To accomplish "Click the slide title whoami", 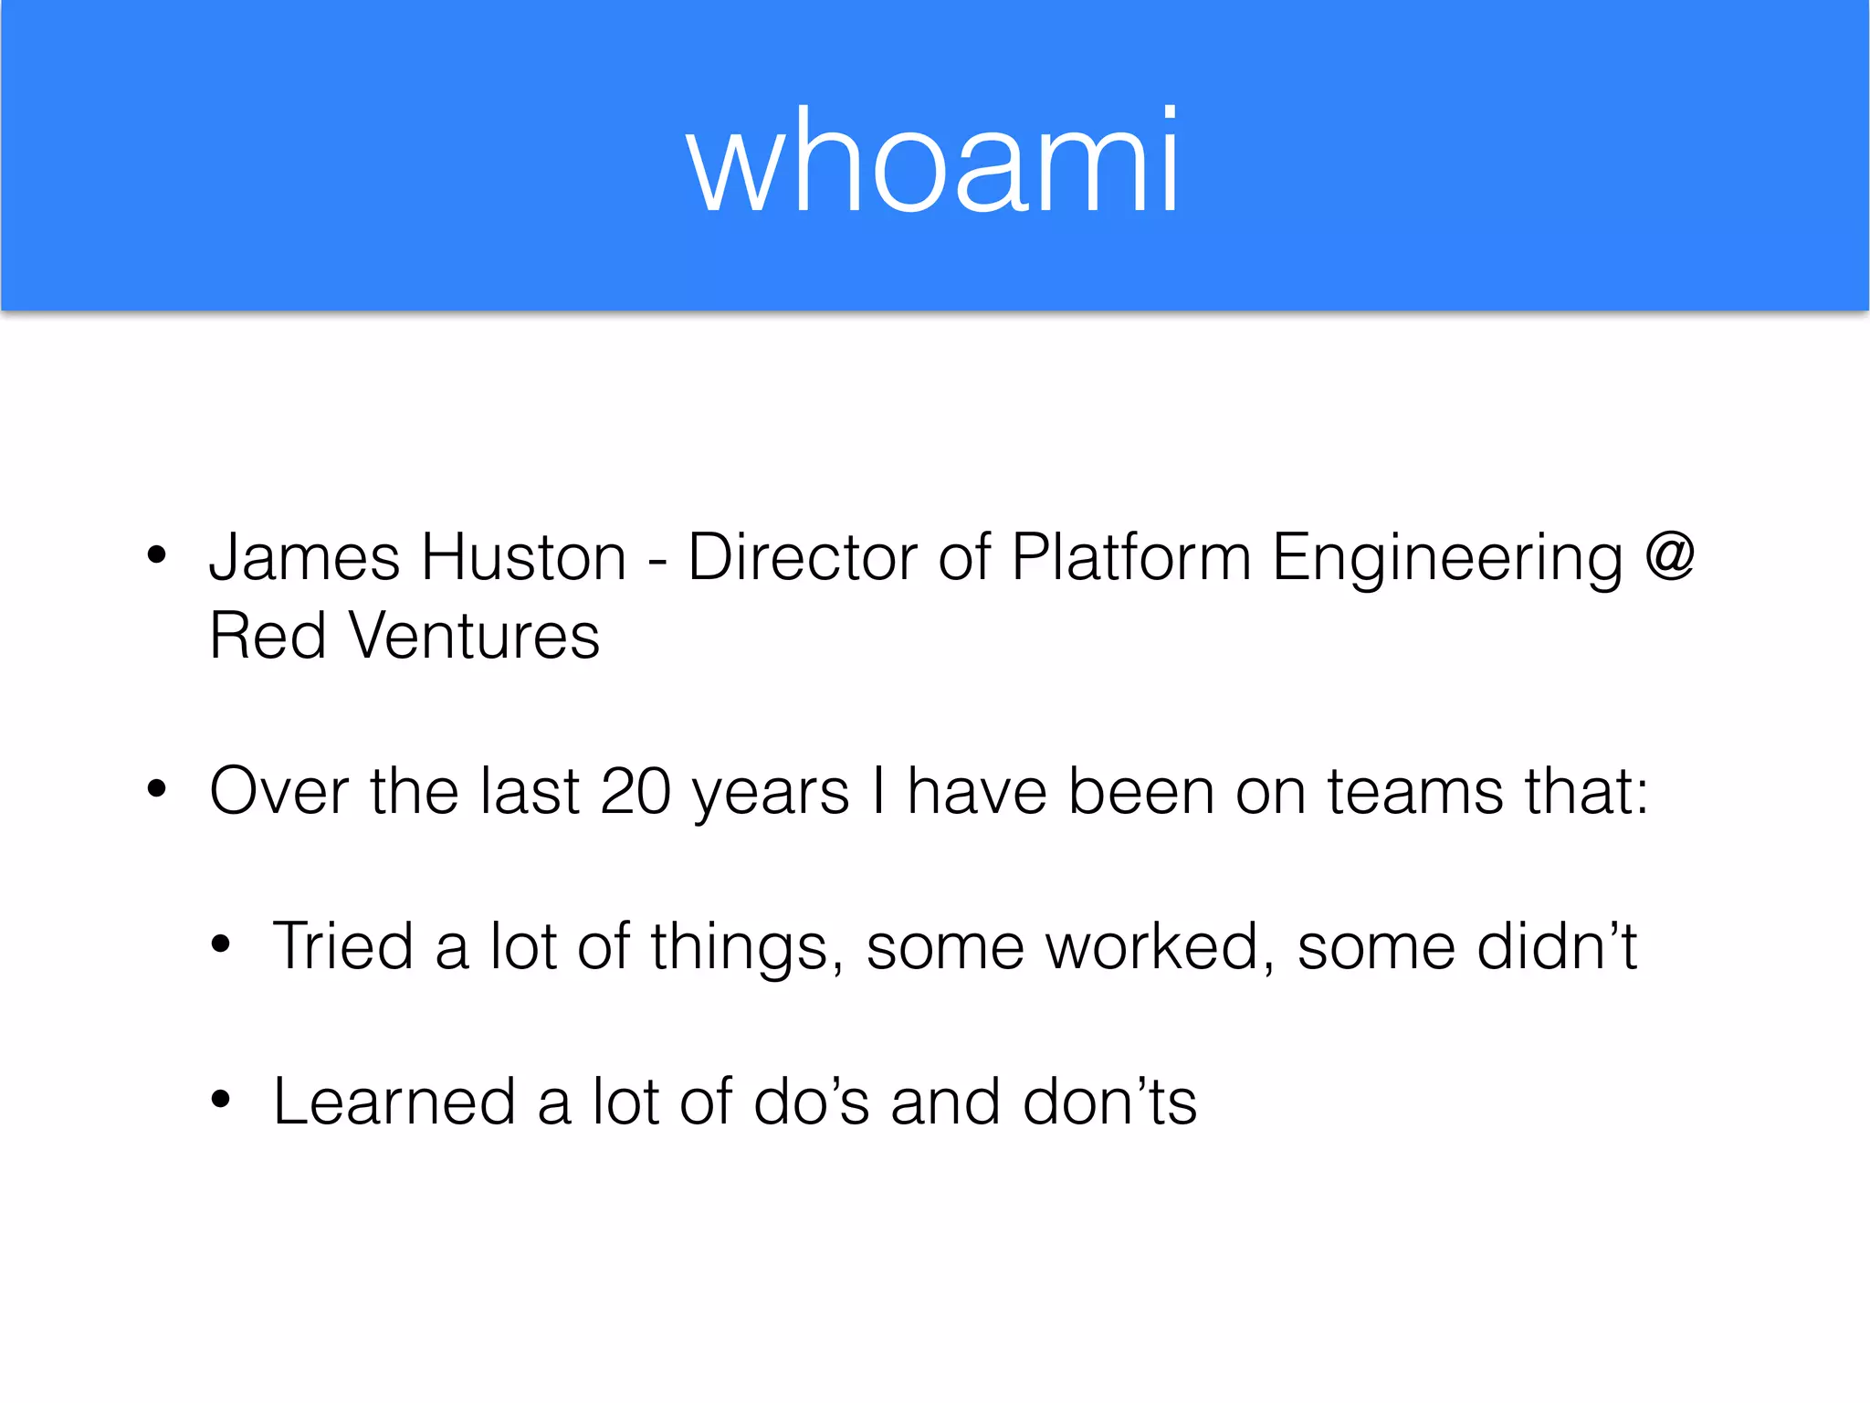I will point(933,163).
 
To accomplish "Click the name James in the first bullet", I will point(304,557).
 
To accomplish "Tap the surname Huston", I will point(523,557).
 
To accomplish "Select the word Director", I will point(802,557).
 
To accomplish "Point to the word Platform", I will point(1130,557).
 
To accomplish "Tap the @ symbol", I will point(1670,555).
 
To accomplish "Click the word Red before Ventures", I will point(268,636).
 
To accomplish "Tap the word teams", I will point(1414,791).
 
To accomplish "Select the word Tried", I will point(342,946).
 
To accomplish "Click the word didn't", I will point(1557,946).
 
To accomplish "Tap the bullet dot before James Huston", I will point(157,554).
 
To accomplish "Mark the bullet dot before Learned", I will point(221,1100).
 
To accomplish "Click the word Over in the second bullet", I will point(278,791).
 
